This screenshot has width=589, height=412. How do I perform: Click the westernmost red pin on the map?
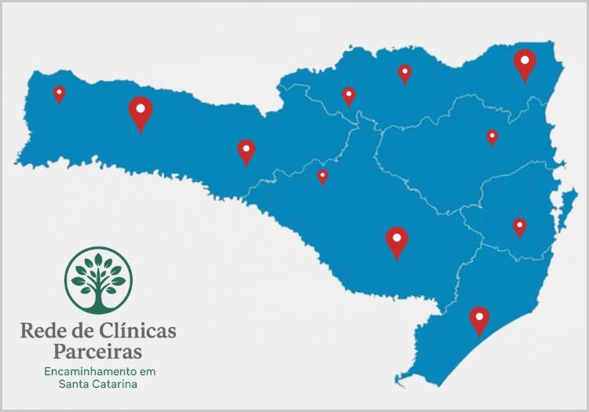(x=59, y=93)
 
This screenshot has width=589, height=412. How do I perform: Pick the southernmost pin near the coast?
(x=479, y=319)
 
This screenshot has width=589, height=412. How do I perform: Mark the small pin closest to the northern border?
(x=404, y=73)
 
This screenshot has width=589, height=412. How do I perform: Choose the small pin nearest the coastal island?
(x=519, y=227)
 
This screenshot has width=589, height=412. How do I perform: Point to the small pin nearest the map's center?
(x=322, y=176)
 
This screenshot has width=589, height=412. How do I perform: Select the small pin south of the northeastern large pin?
(x=492, y=137)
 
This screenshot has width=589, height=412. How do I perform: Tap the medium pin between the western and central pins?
(x=247, y=150)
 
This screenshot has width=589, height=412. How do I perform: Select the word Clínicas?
(x=138, y=330)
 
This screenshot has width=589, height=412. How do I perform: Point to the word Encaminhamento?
(x=89, y=370)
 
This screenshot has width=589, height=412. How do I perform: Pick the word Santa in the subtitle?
(x=73, y=385)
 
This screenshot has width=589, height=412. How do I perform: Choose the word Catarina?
(x=114, y=385)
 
